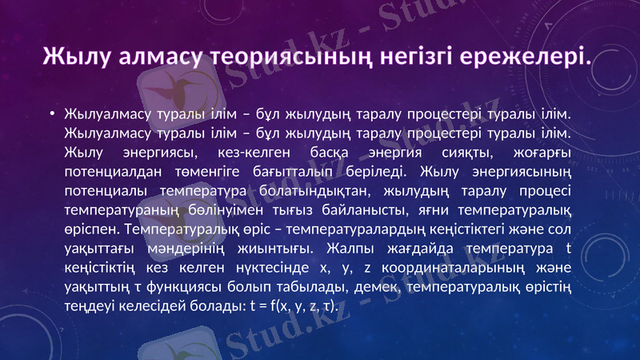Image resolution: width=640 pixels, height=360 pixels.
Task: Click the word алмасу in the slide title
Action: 154,57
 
